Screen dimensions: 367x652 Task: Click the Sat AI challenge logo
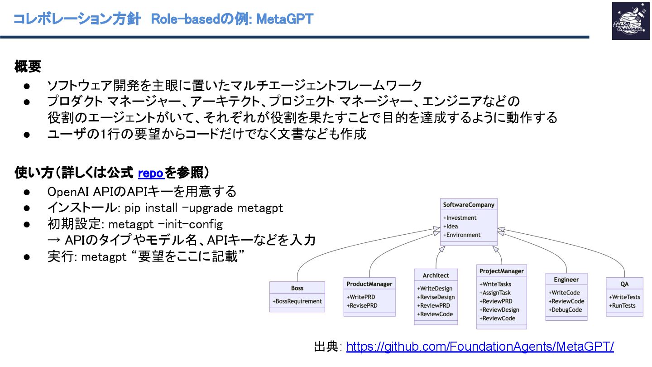coord(630,21)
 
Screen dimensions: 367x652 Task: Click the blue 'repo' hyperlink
coord(151,173)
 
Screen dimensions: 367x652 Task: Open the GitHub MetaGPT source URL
coord(480,347)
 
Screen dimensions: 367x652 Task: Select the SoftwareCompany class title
coord(469,205)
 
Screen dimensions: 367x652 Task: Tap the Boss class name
coord(297,288)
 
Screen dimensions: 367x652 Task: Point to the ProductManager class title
coord(369,284)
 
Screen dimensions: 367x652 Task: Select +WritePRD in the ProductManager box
coord(361,297)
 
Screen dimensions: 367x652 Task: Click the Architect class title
coord(436,275)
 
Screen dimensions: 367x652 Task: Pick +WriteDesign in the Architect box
coord(435,289)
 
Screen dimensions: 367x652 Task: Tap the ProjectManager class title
coord(502,271)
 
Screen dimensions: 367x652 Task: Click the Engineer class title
coord(566,280)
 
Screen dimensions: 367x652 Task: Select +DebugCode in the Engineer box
coord(566,310)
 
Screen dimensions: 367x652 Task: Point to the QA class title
coord(624,284)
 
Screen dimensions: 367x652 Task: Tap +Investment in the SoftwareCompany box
coord(460,218)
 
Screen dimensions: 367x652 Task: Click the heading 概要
coord(28,67)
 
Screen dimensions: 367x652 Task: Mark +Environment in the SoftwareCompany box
coord(462,235)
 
